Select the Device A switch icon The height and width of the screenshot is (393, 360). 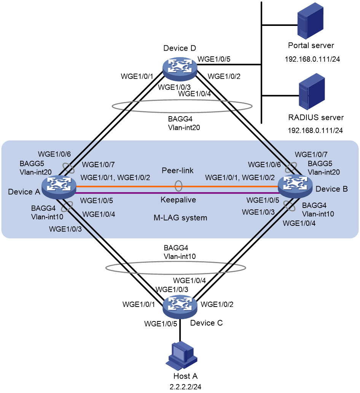click(59, 187)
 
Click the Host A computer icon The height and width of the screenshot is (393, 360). click(182, 356)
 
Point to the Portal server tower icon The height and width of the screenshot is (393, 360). click(310, 21)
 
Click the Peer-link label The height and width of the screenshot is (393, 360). click(178, 171)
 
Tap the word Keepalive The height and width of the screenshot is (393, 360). click(178, 200)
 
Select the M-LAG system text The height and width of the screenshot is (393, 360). click(180, 218)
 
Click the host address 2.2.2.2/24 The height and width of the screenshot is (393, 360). click(185, 387)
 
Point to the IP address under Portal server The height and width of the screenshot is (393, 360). click(312, 59)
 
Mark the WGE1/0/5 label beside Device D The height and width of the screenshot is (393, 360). click(214, 59)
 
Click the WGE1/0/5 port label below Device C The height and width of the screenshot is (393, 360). click(161, 324)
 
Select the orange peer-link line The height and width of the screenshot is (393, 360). click(177, 187)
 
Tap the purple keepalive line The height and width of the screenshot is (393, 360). click(177, 193)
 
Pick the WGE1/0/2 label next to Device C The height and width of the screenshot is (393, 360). click(217, 304)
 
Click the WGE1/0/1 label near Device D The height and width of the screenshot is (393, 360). click(137, 77)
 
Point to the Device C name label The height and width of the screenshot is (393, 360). click(206, 323)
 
